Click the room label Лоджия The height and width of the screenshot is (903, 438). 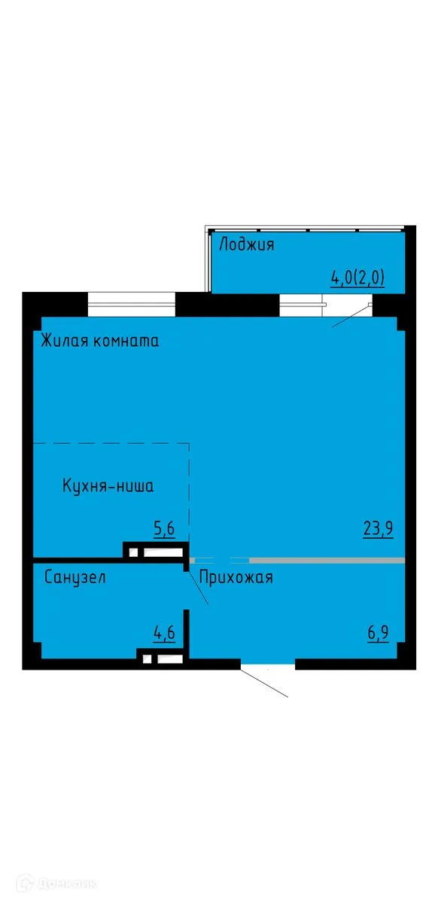(x=246, y=245)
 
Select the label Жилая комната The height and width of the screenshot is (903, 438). (x=100, y=341)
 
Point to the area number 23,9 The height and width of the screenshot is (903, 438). (x=379, y=528)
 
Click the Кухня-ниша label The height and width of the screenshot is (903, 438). (x=108, y=486)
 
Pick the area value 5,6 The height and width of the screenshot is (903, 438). (x=164, y=529)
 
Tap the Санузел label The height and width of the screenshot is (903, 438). (x=75, y=578)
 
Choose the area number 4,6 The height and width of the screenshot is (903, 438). (x=164, y=633)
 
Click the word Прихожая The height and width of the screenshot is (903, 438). (x=236, y=578)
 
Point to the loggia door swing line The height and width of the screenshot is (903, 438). (x=351, y=315)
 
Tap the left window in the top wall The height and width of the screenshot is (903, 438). (x=131, y=304)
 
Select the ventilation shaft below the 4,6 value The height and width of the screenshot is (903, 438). (x=163, y=660)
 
